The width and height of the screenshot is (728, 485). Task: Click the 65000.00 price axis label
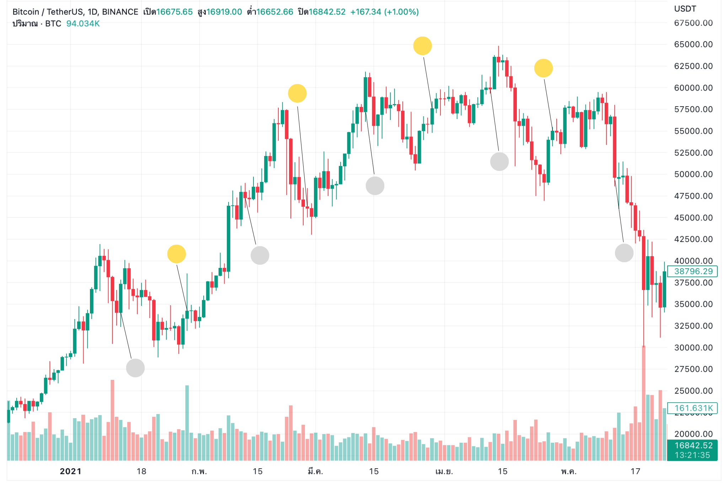tap(693, 44)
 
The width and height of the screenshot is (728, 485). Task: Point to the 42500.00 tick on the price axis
tap(693, 239)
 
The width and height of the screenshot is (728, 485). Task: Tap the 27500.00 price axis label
tap(693, 369)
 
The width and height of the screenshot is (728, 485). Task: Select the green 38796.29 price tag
tap(692, 271)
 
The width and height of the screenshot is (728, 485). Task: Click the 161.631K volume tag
tap(692, 408)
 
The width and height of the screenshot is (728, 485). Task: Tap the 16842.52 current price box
tap(692, 446)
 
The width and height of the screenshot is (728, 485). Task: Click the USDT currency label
tap(685, 9)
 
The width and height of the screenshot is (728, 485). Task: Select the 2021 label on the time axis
tap(70, 471)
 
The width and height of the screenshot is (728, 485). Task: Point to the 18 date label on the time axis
tap(141, 471)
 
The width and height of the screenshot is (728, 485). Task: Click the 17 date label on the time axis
tap(635, 471)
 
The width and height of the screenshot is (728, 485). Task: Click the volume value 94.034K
tap(83, 24)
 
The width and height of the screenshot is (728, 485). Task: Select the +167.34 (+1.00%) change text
tap(384, 12)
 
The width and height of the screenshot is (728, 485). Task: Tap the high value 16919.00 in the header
tap(224, 12)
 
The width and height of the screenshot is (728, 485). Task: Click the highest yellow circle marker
tap(422, 46)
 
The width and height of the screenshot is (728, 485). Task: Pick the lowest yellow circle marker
tap(176, 254)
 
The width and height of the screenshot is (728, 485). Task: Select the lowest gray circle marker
tap(135, 368)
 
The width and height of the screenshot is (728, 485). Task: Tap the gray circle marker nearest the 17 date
tap(624, 253)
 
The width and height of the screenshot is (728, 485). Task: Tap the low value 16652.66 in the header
tap(274, 12)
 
